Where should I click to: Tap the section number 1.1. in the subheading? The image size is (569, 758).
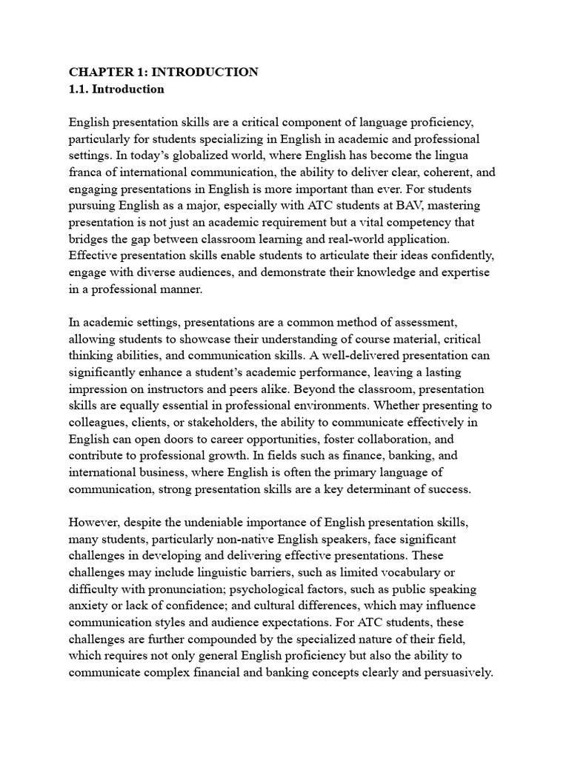pos(80,90)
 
